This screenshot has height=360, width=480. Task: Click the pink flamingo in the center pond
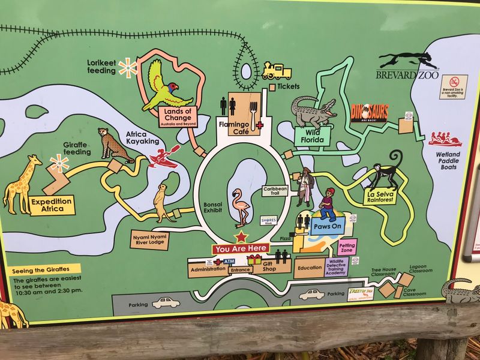tap(242, 205)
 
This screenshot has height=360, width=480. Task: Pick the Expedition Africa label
tap(52, 205)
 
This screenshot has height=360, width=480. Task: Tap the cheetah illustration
tap(116, 145)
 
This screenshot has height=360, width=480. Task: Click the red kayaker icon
tap(163, 157)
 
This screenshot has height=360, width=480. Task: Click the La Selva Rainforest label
tap(381, 196)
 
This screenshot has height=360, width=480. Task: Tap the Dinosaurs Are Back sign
tap(370, 112)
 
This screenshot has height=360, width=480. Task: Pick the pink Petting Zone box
tap(347, 247)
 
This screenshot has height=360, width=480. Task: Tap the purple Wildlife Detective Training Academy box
tap(337, 266)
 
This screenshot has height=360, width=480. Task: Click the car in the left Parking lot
tap(165, 304)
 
